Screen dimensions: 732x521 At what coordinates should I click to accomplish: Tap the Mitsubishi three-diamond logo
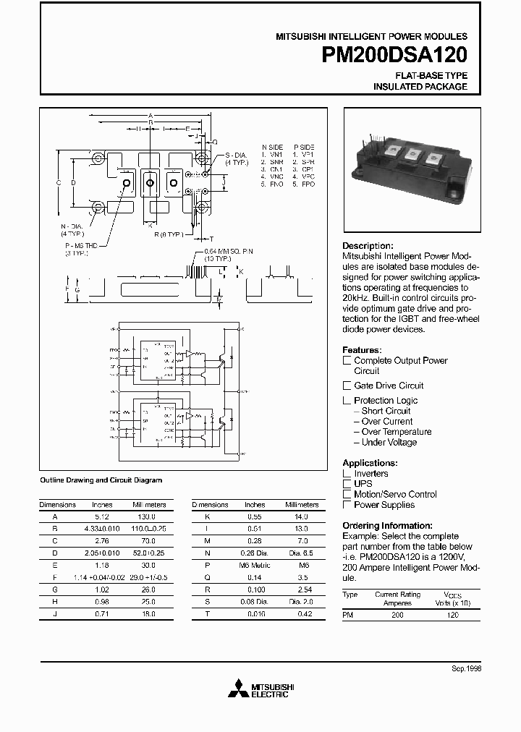point(237,689)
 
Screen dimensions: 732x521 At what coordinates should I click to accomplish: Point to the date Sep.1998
point(466,669)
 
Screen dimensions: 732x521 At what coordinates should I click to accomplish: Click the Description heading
point(368,246)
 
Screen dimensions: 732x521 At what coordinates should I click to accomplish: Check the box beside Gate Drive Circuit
point(347,386)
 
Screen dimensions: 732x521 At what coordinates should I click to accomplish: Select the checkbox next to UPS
point(347,484)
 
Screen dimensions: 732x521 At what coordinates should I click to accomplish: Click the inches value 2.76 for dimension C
point(102,540)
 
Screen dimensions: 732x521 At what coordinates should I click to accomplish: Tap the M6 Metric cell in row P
point(255,563)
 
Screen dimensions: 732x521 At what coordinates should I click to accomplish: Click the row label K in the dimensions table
point(208,517)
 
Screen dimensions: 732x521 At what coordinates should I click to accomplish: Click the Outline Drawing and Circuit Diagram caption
point(101,480)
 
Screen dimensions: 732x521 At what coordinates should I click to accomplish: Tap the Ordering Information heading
point(387,526)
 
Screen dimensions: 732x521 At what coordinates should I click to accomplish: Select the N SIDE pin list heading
point(273,145)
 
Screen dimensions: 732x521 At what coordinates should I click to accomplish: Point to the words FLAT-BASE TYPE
point(431,75)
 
